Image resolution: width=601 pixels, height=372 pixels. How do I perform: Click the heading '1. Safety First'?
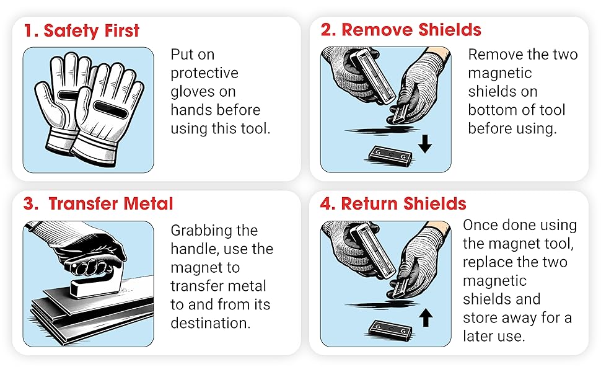coord(81,30)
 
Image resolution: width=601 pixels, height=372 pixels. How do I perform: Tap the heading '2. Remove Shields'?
coord(401,30)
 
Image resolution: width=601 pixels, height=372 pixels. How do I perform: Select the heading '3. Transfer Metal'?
coord(98,203)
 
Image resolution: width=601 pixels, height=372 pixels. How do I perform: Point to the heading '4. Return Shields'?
coord(393,203)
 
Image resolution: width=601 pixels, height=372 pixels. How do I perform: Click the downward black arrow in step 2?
coord(424,144)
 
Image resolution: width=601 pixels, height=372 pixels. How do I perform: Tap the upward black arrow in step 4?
coord(426,317)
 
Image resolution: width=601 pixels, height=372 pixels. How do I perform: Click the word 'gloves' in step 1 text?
coord(193,92)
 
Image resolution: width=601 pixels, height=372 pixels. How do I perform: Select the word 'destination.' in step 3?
coord(211,323)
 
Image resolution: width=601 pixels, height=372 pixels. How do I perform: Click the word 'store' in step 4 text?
coord(480,318)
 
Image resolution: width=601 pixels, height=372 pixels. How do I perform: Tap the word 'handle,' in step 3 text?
coord(196,249)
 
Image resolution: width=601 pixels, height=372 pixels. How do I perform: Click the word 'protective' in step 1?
coord(204,73)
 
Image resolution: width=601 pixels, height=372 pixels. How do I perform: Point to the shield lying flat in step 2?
coord(390,156)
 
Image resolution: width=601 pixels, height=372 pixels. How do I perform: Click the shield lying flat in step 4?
coord(390,329)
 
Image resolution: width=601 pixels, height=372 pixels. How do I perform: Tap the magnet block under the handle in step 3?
coord(96,285)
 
